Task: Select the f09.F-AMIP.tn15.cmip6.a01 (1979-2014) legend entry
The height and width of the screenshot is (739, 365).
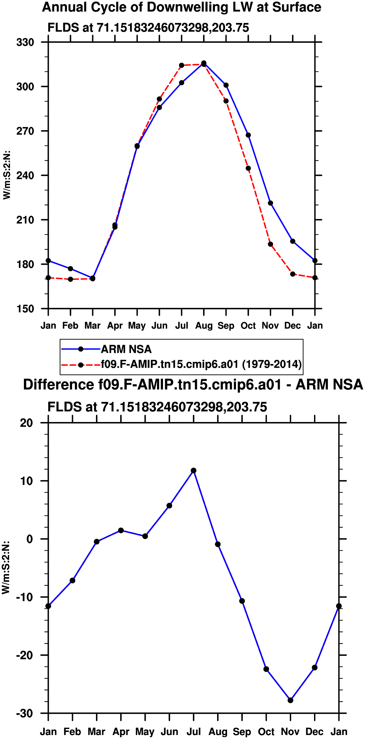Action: [182, 364]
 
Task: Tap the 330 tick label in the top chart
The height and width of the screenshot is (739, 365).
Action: [25, 42]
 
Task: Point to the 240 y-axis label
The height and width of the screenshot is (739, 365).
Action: [25, 175]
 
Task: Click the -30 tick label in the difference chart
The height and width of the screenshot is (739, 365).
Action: [25, 713]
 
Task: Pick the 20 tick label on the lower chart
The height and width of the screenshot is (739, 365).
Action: [26, 423]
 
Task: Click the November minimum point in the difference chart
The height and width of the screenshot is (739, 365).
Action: [290, 700]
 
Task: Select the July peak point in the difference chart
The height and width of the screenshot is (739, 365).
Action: [194, 470]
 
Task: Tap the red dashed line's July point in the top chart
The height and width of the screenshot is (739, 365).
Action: [182, 65]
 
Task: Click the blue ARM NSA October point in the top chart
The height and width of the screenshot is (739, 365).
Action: [248, 135]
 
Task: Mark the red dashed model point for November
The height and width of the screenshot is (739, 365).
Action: [271, 244]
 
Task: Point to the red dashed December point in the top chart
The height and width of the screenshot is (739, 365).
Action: [293, 274]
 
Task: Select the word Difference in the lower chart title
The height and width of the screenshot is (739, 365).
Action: [58, 385]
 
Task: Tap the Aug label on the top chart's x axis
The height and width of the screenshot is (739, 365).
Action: [204, 326]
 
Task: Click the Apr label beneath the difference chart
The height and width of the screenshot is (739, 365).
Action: [121, 732]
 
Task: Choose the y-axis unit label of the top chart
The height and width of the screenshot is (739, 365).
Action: [7, 175]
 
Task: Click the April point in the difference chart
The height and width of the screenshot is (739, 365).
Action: [121, 531]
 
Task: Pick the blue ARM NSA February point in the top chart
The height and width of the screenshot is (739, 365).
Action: [70, 269]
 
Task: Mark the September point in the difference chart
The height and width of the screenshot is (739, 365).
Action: [242, 601]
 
